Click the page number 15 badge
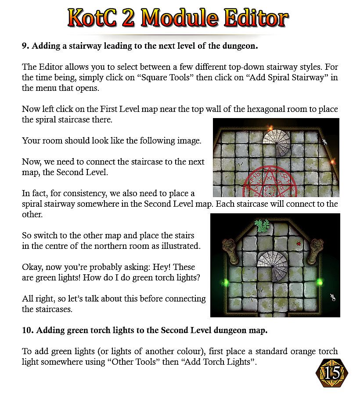click(333, 373)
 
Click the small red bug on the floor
click(299, 243)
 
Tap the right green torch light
click(320, 282)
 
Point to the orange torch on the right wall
click(332, 162)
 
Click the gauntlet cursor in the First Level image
click(325, 142)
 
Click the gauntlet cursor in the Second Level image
click(333, 298)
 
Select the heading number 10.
click(27, 330)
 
